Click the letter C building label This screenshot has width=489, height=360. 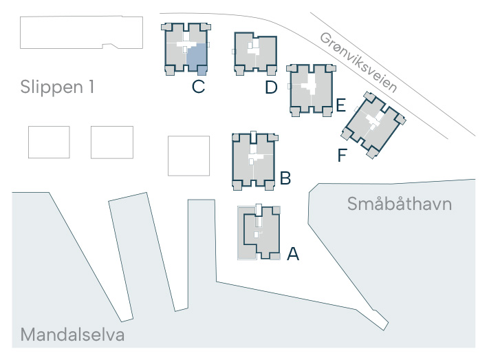click(198, 87)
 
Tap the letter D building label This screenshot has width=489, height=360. click(271, 87)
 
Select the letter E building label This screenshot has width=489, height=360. click(341, 105)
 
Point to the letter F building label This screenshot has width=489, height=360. click(342, 155)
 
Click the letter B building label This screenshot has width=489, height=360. click(285, 178)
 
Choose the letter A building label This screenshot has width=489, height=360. click(293, 253)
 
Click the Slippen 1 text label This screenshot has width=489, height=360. click(57, 87)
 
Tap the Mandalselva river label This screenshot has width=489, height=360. click(72, 335)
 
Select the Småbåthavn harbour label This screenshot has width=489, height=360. click(400, 204)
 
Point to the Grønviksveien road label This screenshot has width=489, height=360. click(358, 63)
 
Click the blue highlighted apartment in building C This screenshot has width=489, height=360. click(197, 57)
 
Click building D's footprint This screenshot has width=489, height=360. click(255, 54)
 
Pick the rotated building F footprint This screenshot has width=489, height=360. click(373, 125)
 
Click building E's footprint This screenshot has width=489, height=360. click(311, 90)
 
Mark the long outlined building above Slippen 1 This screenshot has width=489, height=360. click(81, 32)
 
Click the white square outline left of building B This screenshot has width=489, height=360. click(188, 156)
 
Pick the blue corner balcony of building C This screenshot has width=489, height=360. click(202, 71)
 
